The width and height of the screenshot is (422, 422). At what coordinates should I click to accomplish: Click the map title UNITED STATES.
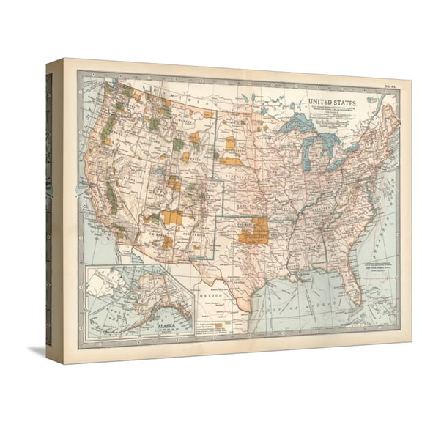[331, 104]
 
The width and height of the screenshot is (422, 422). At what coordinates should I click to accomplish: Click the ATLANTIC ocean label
[377, 234]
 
